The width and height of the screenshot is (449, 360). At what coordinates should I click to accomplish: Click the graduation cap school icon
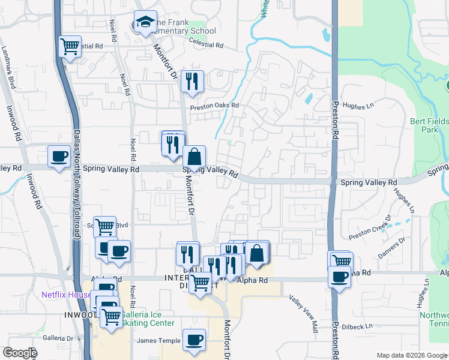(145, 23)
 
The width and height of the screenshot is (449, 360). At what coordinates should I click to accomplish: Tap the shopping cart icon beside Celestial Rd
(70, 46)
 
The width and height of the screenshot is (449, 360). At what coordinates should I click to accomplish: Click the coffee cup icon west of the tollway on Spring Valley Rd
(59, 156)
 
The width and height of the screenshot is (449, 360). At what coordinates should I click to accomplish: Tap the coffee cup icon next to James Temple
(194, 340)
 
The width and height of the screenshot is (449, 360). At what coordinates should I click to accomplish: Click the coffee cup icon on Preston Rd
(340, 277)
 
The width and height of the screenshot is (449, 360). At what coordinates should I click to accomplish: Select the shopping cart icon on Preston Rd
(341, 262)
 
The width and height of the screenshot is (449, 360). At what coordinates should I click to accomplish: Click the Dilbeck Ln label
(357, 326)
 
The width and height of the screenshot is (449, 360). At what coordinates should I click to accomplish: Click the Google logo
(19, 353)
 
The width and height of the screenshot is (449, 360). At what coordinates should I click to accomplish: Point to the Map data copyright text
(411, 355)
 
